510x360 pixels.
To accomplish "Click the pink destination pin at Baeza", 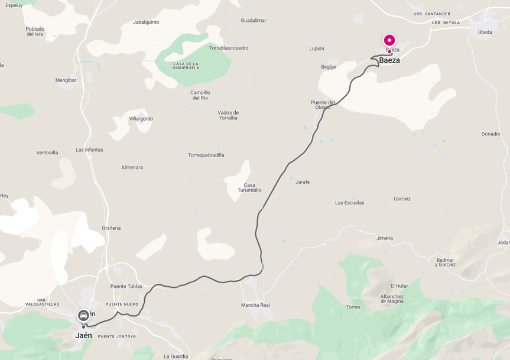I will tap(389, 40).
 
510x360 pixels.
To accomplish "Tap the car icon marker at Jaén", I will tap(83, 315).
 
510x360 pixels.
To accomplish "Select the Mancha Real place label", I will tap(255, 305).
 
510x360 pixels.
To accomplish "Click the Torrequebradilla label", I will tap(206, 155).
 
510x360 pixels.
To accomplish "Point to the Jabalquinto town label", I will tap(146, 22).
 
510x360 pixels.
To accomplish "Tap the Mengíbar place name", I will tap(66, 80).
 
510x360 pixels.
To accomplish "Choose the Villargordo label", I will tap(141, 119).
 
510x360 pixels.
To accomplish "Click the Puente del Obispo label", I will tap(323, 105).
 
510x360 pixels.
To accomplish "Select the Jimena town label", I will tap(384, 238).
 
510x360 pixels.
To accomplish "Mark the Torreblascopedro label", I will tap(229, 48).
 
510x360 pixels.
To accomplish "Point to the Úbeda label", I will tap(485, 33).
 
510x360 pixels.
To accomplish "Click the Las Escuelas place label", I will tap(349, 203).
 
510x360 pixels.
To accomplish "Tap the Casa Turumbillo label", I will tap(249, 187).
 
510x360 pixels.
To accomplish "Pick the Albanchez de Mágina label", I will tap(392, 299).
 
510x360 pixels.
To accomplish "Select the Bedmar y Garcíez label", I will tap(446, 262).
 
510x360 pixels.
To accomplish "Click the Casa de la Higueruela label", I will tap(178, 66).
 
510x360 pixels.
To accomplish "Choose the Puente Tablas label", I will tap(126, 286).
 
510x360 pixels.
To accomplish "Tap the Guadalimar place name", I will tap(254, 20).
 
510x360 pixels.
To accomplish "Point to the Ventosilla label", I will tap(47, 153).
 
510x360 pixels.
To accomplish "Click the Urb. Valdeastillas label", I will tap(42, 302).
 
